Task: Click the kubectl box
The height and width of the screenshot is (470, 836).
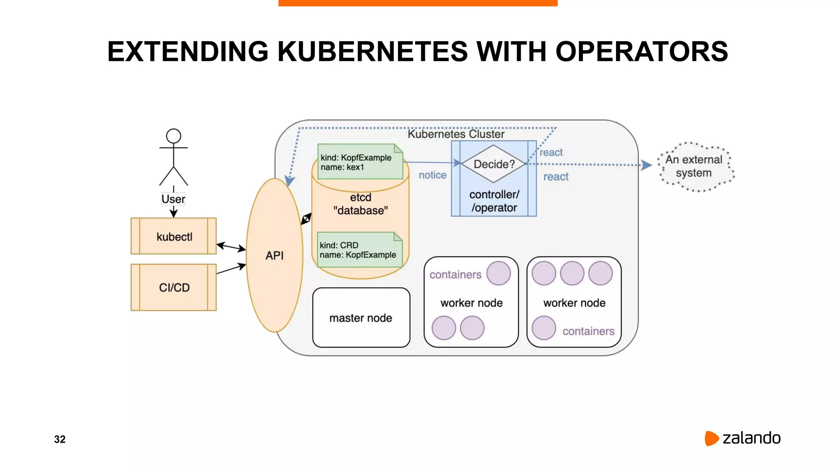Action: pos(173,236)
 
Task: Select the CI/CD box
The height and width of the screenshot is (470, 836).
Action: pos(173,287)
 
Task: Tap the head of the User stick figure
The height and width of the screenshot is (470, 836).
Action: pos(173,136)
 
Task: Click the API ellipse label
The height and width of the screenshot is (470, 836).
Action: pos(274,255)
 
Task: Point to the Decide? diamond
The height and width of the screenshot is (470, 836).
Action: pos(494,164)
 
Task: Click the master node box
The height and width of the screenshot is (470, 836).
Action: pos(361,318)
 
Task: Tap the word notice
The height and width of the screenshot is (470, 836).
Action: pos(432,175)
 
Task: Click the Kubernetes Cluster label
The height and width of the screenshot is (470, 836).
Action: pos(456,134)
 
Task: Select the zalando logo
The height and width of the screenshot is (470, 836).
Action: pos(743,438)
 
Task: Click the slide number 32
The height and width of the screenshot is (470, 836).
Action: pos(60,439)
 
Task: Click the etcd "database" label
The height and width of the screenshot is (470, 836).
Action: pos(360,204)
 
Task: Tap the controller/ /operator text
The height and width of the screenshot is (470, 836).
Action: pos(494,201)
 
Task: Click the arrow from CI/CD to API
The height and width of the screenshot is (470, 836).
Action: pos(231,268)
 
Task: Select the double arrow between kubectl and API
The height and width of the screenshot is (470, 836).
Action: pos(231,247)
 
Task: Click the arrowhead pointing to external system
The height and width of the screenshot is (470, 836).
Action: pos(647,165)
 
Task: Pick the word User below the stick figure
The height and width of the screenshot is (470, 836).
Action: pos(173,199)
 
